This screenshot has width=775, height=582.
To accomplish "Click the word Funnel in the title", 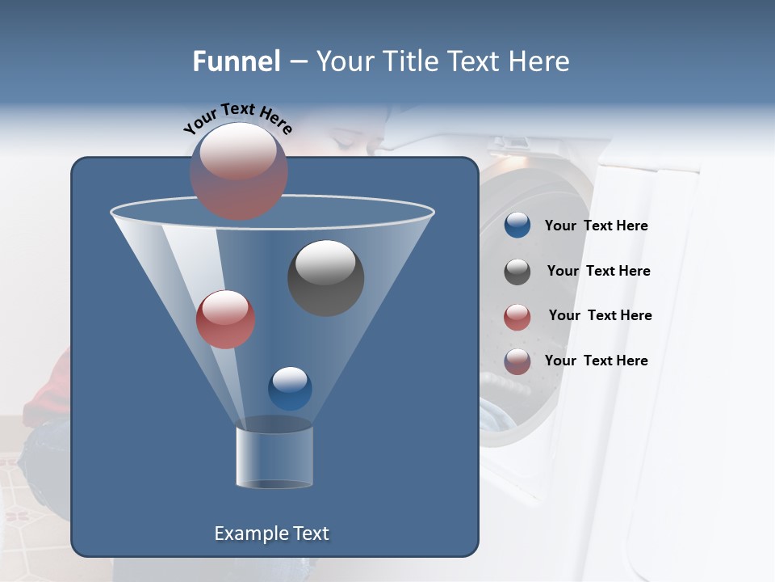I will click(236, 61).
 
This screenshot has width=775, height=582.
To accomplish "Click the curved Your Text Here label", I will click(238, 118).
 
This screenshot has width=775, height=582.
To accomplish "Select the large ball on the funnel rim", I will click(239, 171).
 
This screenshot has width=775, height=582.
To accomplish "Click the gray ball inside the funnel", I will click(325, 277).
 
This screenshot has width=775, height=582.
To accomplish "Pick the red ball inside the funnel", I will click(225, 318).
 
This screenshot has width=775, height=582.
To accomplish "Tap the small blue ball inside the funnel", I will click(290, 388).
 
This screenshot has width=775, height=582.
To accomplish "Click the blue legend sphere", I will click(517, 226).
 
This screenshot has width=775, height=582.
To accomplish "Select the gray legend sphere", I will click(517, 272).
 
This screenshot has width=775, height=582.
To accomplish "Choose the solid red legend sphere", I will click(517, 317).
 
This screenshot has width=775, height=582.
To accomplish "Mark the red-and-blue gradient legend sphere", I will click(517, 361).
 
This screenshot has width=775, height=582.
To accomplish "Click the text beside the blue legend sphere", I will click(596, 226).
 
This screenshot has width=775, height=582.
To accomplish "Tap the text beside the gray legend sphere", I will click(598, 271).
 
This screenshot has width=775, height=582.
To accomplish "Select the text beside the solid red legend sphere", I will click(600, 315).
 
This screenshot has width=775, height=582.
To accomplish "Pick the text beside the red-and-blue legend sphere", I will click(596, 361).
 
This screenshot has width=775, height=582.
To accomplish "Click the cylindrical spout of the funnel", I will click(274, 457).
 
